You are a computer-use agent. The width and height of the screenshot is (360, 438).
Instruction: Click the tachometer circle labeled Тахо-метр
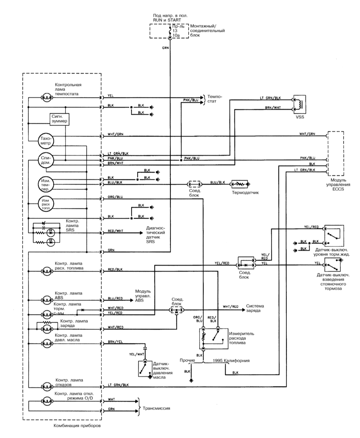click(46, 140)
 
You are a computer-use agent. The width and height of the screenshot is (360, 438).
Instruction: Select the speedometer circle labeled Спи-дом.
click(46, 160)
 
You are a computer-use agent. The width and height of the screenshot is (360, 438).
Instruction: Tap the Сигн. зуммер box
click(60, 119)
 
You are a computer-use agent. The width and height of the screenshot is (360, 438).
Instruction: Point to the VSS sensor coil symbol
click(299, 104)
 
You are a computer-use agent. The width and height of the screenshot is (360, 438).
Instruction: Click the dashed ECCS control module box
click(336, 153)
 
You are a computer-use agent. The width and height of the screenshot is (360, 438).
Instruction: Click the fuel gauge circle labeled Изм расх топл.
click(46, 204)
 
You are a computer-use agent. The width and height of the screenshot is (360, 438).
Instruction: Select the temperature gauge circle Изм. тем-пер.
click(46, 184)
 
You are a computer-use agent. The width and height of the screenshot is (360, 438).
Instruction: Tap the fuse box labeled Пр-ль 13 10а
click(169, 31)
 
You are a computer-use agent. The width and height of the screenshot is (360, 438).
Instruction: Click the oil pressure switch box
click(145, 368)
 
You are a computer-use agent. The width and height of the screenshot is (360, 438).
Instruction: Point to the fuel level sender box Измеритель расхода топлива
click(213, 338)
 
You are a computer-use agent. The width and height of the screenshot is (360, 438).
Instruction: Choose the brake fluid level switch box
click(334, 236)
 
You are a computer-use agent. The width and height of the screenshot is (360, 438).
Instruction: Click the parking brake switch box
click(333, 264)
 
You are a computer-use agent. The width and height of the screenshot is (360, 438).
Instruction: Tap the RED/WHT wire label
click(115, 231)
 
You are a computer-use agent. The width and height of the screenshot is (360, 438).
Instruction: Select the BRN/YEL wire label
click(115, 342)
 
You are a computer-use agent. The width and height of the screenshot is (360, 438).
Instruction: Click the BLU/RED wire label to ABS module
click(115, 299)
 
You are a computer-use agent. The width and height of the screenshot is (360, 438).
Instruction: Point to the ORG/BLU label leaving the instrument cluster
click(115, 197)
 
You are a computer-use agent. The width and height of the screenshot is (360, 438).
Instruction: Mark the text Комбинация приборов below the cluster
click(77, 426)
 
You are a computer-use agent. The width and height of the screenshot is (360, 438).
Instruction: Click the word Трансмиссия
click(156, 408)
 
